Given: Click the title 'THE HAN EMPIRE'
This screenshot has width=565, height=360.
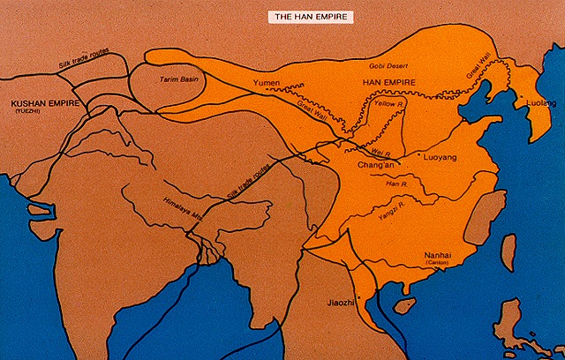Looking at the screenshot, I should coord(312,17).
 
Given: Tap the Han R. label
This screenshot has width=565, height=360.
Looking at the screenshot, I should coord(396,184).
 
